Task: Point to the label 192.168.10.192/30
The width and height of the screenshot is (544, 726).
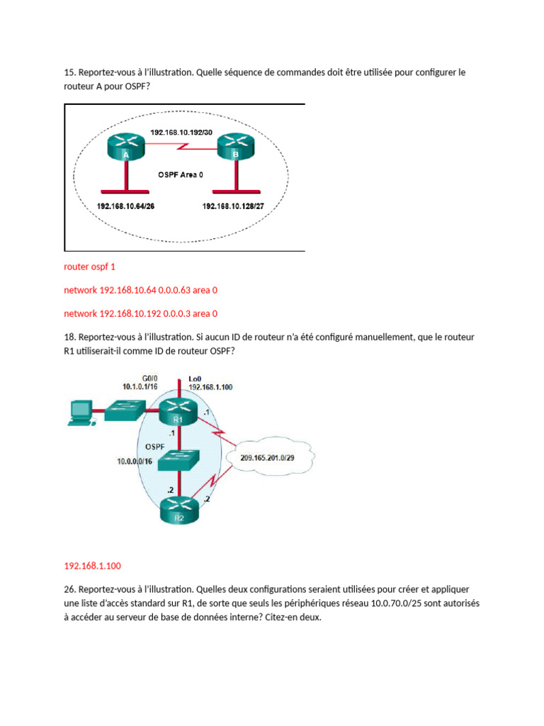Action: (x=181, y=132)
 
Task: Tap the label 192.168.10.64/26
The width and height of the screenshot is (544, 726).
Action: (x=125, y=206)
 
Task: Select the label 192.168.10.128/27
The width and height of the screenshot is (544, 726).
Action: (x=235, y=206)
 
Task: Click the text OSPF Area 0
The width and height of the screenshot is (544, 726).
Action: (x=181, y=173)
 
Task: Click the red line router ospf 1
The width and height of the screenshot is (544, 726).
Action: (x=89, y=267)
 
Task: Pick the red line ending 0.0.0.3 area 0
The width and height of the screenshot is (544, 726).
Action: (x=140, y=313)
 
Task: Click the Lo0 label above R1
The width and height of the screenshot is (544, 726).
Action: (x=195, y=379)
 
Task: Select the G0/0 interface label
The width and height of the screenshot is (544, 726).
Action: (x=144, y=379)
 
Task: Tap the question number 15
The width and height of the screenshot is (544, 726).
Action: (x=69, y=73)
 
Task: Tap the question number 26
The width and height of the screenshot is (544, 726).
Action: (x=69, y=589)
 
